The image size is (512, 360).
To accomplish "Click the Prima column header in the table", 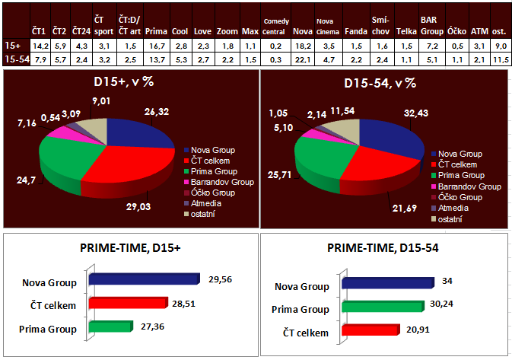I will (154, 31).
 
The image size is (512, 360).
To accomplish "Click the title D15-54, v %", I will (384, 82).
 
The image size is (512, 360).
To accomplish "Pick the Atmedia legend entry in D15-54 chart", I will (453, 208).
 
